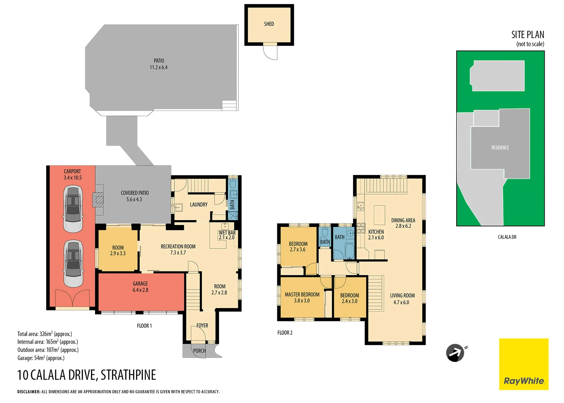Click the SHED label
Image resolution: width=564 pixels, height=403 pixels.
pyautogui.click(x=269, y=24)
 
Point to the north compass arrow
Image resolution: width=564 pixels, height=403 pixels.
pyautogui.click(x=455, y=353)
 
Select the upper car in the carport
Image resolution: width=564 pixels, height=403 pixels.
pyautogui.click(x=73, y=209)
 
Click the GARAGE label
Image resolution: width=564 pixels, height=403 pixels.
pyautogui.click(x=140, y=284)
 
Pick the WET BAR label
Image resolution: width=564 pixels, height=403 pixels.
pyautogui.click(x=227, y=232)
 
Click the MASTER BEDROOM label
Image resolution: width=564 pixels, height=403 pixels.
pyautogui.click(x=302, y=294)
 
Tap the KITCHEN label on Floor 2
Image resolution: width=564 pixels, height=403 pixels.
pyautogui.click(x=376, y=232)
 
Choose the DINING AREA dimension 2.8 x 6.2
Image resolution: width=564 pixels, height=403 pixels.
pyautogui.click(x=403, y=226)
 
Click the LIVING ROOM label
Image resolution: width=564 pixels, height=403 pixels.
pyautogui.click(x=402, y=296)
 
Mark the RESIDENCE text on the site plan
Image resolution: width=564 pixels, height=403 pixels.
pyautogui.click(x=500, y=148)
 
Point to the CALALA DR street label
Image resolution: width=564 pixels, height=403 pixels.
pyautogui.click(x=507, y=237)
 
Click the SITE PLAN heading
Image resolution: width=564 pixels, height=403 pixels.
pyautogui.click(x=527, y=35)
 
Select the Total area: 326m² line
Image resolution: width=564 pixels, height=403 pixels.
pyautogui.click(x=45, y=334)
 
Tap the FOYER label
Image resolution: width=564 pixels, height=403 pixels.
pyautogui.click(x=202, y=325)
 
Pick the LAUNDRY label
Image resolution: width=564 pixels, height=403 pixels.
pyautogui.click(x=198, y=204)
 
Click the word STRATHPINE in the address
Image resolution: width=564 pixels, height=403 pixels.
pyautogui.click(x=128, y=375)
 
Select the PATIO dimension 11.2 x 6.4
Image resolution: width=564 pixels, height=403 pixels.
pyautogui.click(x=159, y=68)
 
